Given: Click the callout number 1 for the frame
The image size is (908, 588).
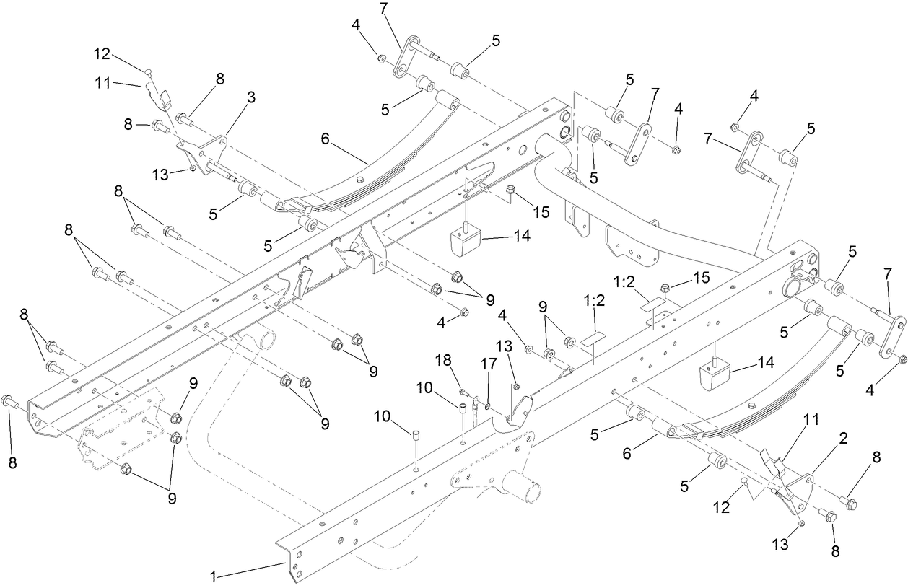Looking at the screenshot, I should click(212, 576).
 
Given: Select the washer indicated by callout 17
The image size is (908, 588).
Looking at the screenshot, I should click(489, 407).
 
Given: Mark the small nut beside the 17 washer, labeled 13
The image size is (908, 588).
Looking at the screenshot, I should click(516, 387).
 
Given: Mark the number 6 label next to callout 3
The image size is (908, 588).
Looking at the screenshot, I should click(326, 139).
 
